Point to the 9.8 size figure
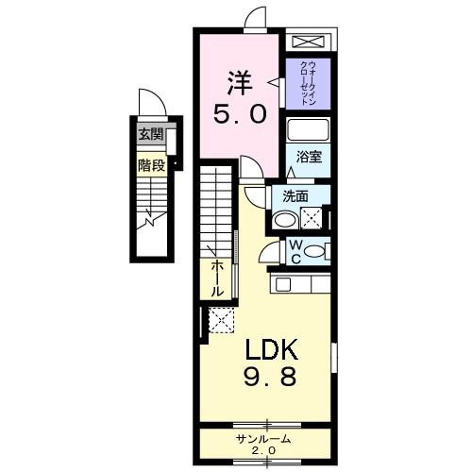(273, 378)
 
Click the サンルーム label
(264, 440)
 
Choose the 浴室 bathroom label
(310, 157)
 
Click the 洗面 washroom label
(295, 196)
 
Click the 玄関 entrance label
(150, 134)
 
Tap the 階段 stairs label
(150, 163)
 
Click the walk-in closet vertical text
(309, 82)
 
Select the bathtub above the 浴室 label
(309, 130)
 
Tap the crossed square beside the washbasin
(312, 217)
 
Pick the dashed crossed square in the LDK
(221, 322)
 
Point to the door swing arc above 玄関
(146, 103)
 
